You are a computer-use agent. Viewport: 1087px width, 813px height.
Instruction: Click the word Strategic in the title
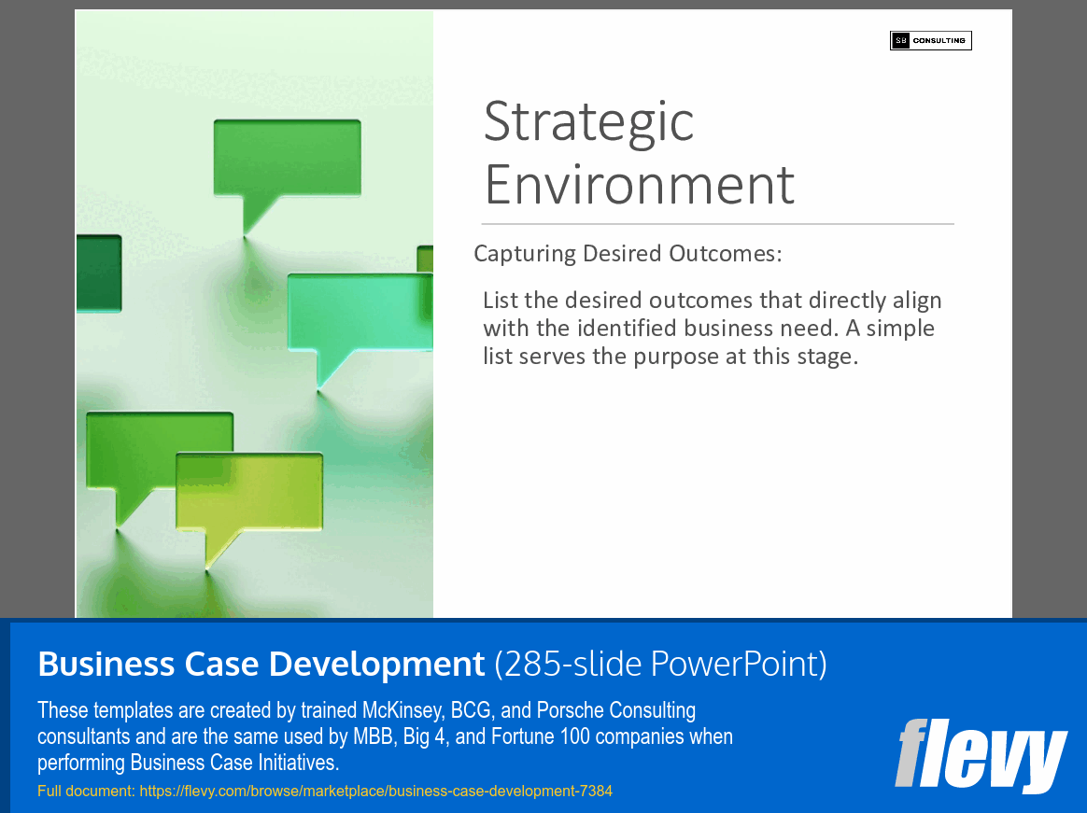588,121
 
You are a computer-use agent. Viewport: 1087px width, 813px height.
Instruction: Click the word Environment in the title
639,184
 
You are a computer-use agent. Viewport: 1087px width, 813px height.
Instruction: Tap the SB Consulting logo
930,40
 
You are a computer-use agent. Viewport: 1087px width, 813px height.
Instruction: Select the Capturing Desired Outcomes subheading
628,254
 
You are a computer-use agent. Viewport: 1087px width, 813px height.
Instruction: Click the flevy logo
980,754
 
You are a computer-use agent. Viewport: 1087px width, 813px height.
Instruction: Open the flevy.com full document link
375,791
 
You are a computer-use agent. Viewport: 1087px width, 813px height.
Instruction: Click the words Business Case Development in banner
261,664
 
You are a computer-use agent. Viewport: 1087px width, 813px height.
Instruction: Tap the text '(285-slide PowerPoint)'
660,664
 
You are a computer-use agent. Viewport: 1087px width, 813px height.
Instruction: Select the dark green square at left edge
98,273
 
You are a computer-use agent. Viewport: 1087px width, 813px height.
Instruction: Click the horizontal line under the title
717,224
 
